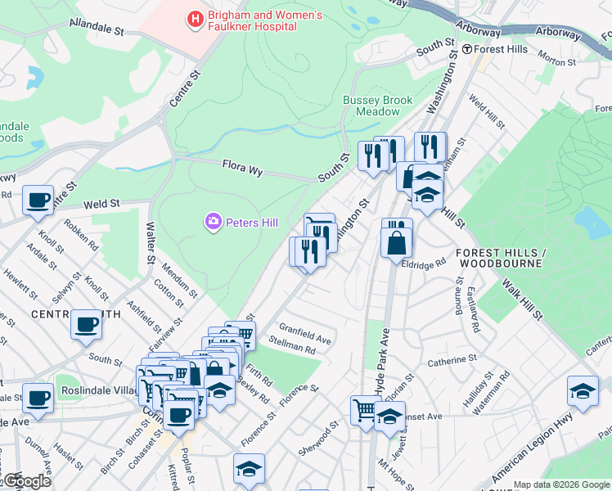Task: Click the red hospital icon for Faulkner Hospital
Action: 195,19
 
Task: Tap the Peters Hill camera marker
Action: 214,222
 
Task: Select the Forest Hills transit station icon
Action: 466,49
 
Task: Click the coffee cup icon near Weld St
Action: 38,200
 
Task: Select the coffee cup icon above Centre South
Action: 86,324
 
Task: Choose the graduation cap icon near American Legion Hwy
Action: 583,391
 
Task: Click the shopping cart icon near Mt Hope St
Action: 365,408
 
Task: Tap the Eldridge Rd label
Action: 429,264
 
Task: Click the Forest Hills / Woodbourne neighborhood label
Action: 499,258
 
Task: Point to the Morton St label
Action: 555,57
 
